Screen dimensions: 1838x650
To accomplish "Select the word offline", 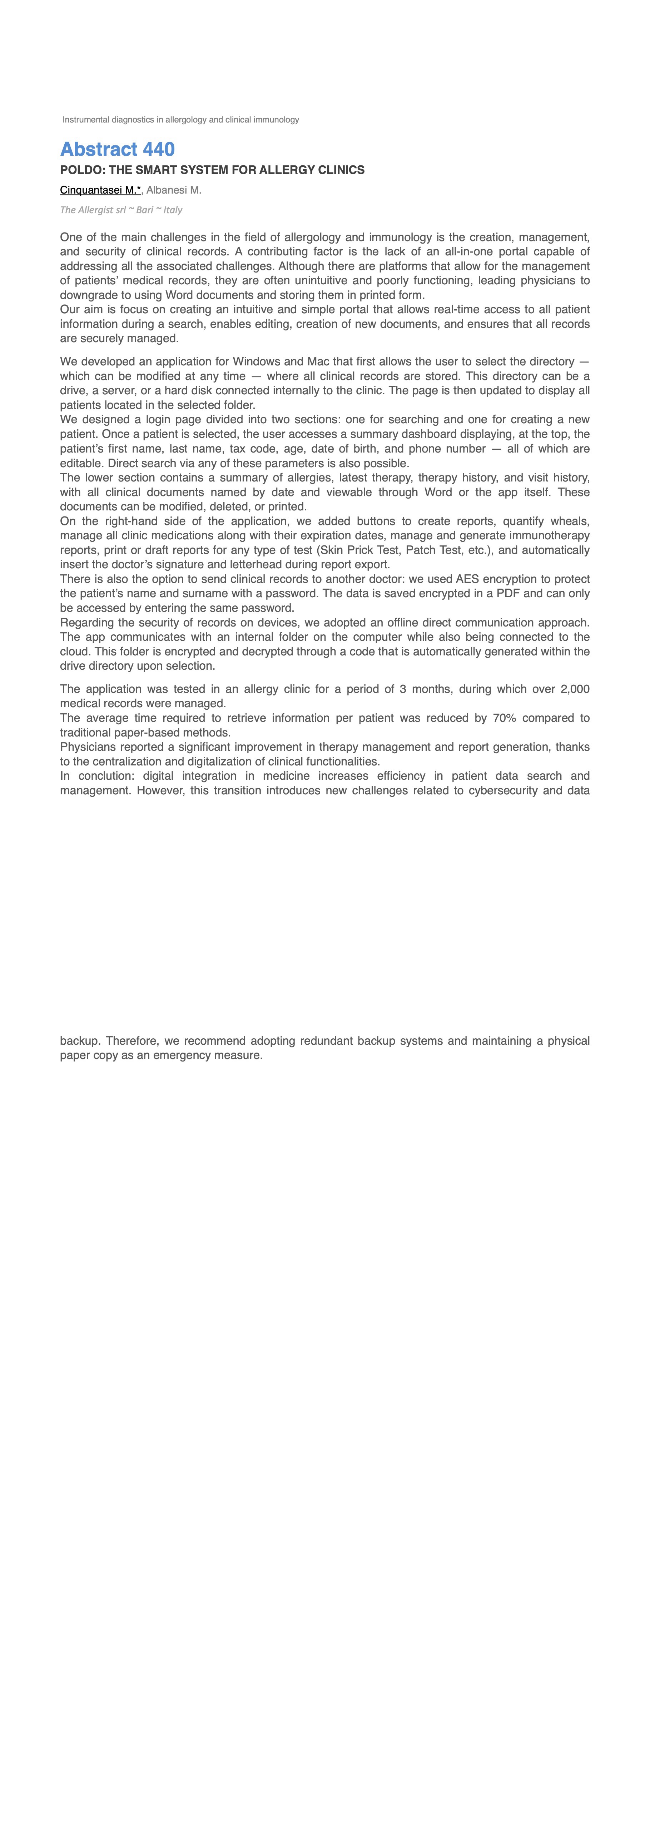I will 391,622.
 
